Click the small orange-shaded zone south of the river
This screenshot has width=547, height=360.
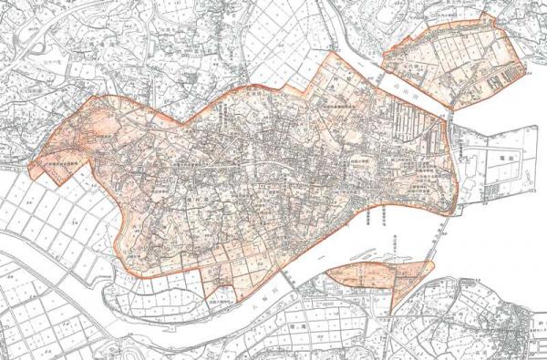[x=374, y=275]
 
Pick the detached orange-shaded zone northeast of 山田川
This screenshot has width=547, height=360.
[x=453, y=60]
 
